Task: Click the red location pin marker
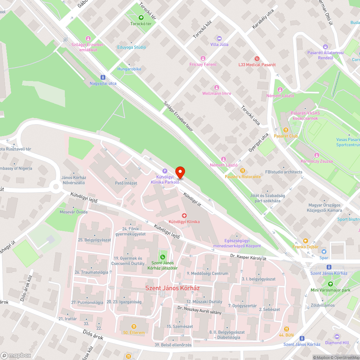click(180, 172)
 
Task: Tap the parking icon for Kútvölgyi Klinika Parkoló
click(165, 171)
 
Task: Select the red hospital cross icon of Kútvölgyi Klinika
click(184, 215)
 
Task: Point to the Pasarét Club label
click(286, 136)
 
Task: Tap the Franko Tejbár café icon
click(305, 240)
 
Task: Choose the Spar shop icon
click(324, 252)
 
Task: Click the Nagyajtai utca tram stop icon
click(103, 77)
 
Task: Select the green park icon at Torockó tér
click(141, 17)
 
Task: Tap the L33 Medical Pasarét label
click(257, 64)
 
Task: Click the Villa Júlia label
click(219, 44)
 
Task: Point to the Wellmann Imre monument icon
click(216, 87)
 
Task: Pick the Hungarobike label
click(129, 69)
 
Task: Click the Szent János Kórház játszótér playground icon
click(163, 257)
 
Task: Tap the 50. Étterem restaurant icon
click(134, 327)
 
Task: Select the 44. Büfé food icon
click(286, 329)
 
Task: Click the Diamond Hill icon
click(337, 337)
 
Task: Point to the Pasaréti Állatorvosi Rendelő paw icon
click(325, 47)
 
